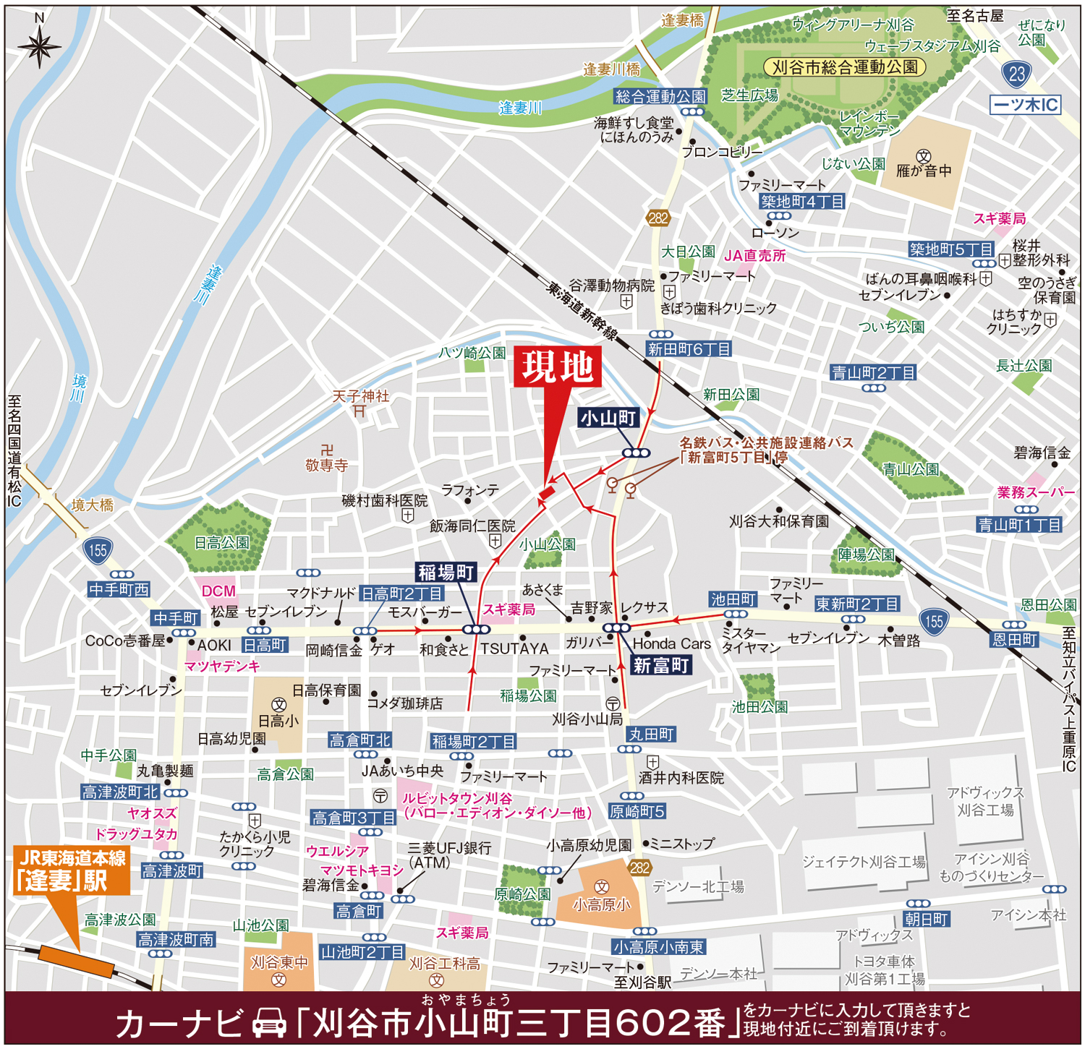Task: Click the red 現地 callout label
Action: coord(558,367)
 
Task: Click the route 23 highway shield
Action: coord(1017,74)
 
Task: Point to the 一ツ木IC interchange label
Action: coord(1025,105)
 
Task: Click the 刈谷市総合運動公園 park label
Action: coord(844,67)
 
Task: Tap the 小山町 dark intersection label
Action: coord(608,418)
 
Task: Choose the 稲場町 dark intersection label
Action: coord(446,573)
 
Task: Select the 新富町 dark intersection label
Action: coord(661,666)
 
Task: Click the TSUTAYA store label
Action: coord(515,648)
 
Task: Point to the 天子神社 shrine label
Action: coord(360,396)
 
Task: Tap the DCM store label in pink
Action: coord(218,591)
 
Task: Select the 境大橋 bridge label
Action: coord(93,505)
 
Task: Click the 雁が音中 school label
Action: coord(924,171)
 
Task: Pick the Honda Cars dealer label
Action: coord(671,643)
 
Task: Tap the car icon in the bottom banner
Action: coord(269,1024)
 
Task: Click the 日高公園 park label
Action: coord(221,543)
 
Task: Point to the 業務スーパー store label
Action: coord(1035,492)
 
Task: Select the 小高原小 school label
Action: coord(601,904)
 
